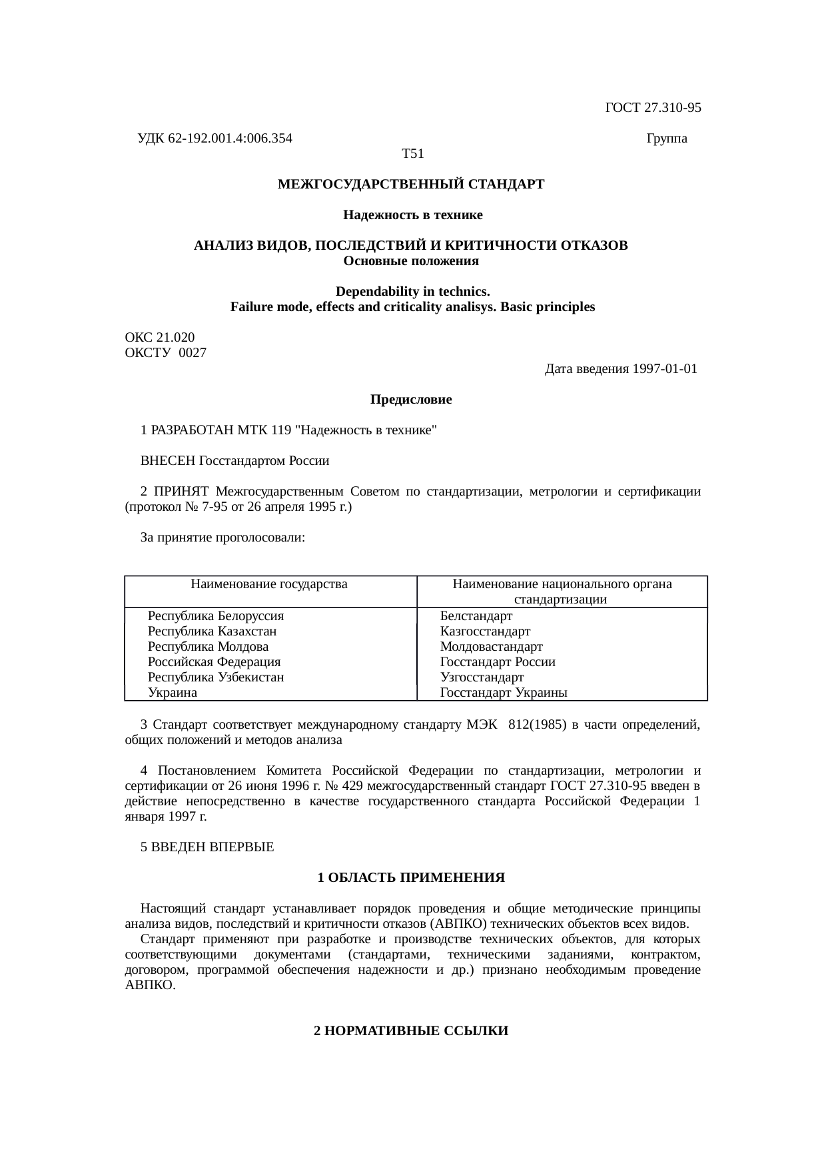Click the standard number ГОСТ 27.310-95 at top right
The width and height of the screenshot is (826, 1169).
point(652,107)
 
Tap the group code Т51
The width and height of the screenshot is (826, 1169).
point(413,154)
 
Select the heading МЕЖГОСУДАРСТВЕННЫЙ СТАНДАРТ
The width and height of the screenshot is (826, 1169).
point(411,184)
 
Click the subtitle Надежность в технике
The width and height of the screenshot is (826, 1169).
point(412,215)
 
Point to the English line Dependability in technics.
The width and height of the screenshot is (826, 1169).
point(412,292)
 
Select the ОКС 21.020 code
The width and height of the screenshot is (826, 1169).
point(160,338)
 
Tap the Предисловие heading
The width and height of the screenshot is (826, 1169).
point(411,400)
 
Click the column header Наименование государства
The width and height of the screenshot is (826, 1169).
point(269,584)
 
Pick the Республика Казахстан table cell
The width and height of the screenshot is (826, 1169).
point(212,631)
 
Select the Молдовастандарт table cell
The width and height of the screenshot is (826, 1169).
point(491,646)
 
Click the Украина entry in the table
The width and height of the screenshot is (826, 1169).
point(173,693)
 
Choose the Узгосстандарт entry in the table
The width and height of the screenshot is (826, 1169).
point(482,677)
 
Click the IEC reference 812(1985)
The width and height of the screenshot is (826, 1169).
point(537,724)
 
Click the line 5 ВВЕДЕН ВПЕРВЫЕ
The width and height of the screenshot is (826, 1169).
point(207,847)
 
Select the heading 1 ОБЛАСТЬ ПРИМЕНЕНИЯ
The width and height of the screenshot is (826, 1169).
point(411,878)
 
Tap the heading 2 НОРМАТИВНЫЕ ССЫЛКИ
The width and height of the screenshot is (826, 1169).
point(411,1031)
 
